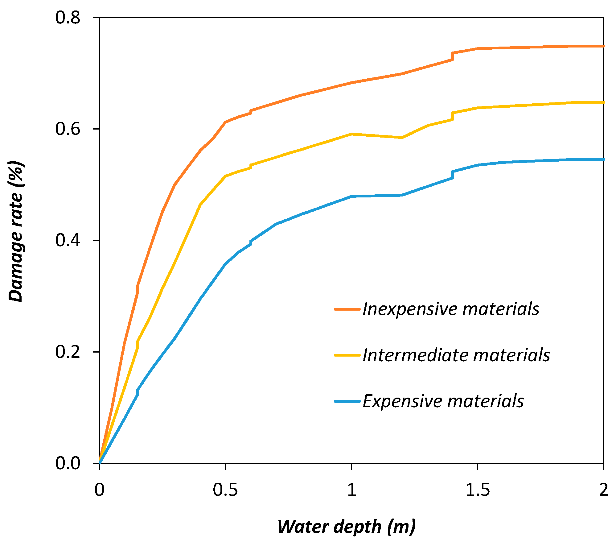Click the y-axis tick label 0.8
click(x=68, y=18)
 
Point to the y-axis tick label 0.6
click(x=68, y=129)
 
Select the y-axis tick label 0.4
click(x=68, y=240)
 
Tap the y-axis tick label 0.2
click(x=68, y=352)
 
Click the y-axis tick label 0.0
click(x=68, y=463)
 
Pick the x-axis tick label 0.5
click(x=225, y=490)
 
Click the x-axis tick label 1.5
click(x=477, y=490)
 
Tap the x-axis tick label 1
click(x=351, y=490)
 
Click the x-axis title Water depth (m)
click(x=346, y=526)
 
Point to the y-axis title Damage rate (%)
click(x=16, y=231)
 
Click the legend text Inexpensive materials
click(x=451, y=309)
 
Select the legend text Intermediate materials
click(x=456, y=355)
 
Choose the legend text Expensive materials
click(x=443, y=401)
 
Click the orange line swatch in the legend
click(x=347, y=309)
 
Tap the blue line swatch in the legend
click(x=347, y=401)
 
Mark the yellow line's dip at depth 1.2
click(x=402, y=138)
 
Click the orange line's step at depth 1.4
click(x=452, y=56)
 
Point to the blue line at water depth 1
click(x=351, y=196)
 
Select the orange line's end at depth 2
click(x=603, y=46)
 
